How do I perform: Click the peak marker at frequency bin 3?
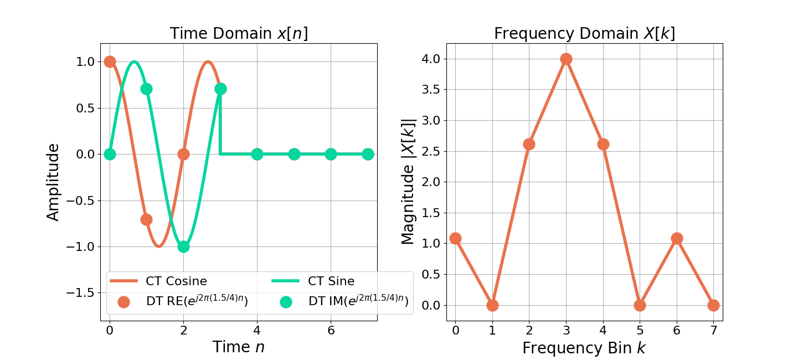(566, 59)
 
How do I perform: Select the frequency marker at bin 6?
(677, 238)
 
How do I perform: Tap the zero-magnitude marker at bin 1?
(492, 305)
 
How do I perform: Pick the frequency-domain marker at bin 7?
(713, 305)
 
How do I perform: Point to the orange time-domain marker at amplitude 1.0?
(110, 61)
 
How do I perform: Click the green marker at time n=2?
(183, 246)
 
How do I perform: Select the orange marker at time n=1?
(146, 219)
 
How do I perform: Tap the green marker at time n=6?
(331, 154)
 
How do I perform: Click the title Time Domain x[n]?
(239, 34)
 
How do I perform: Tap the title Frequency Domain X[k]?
(584, 34)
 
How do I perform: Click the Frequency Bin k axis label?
(584, 348)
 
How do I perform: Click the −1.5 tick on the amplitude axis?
(85, 293)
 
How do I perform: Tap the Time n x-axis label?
(239, 347)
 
